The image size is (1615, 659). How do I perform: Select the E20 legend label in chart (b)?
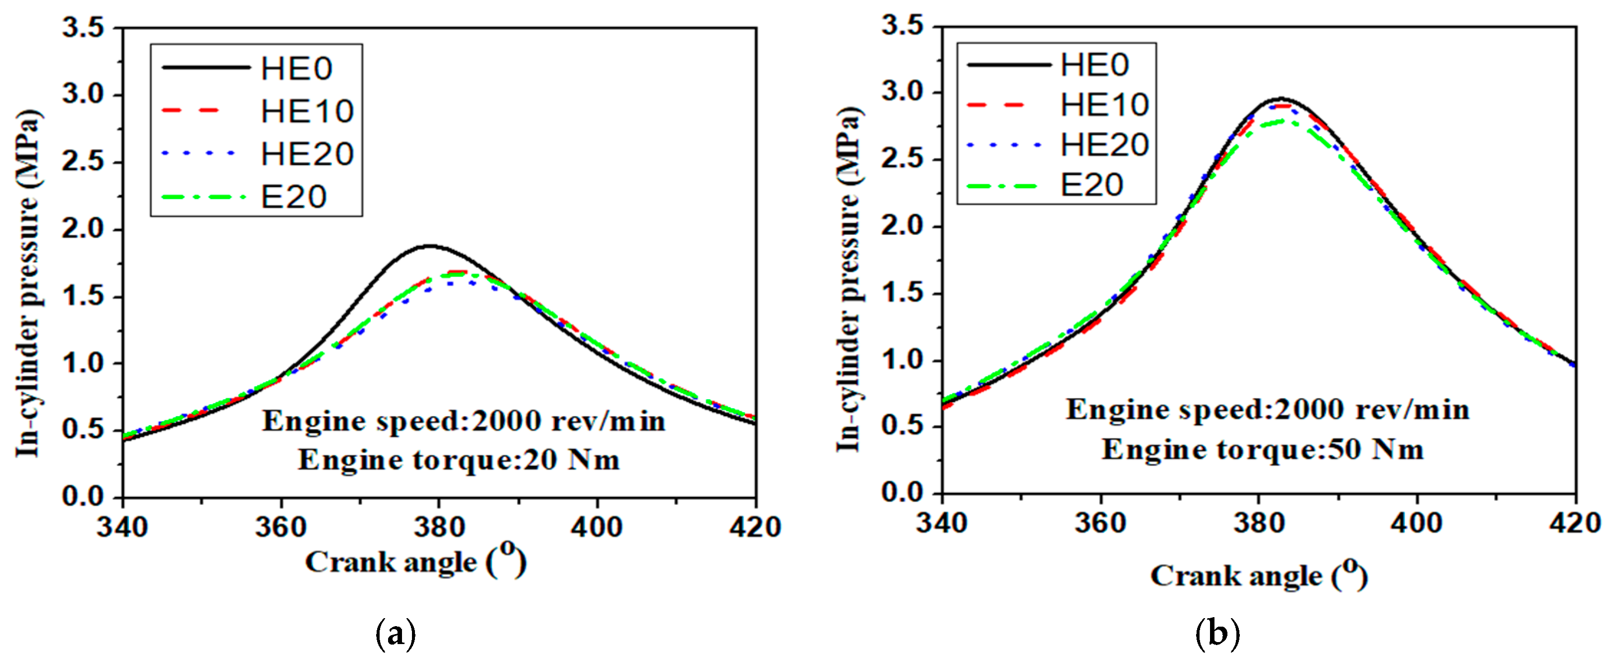[1092, 185]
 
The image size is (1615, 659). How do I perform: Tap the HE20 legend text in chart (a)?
[307, 154]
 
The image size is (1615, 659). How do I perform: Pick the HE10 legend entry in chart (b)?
[1104, 105]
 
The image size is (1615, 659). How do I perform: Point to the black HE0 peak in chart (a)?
[430, 246]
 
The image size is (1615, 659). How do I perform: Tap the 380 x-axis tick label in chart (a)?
[439, 527]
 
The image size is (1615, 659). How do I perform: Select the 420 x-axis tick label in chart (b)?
[1574, 522]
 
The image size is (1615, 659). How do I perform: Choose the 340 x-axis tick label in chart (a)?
[122, 527]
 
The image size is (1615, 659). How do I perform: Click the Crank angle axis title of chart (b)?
[1259, 575]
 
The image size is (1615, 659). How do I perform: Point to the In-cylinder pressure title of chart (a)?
[28, 282]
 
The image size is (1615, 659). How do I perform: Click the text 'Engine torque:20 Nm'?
[458, 460]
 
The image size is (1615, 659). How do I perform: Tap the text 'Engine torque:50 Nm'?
[1263, 449]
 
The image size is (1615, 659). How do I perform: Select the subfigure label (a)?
[395, 635]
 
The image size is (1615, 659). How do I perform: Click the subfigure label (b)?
[1217, 634]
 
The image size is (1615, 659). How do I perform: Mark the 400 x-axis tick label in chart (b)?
[1416, 522]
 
